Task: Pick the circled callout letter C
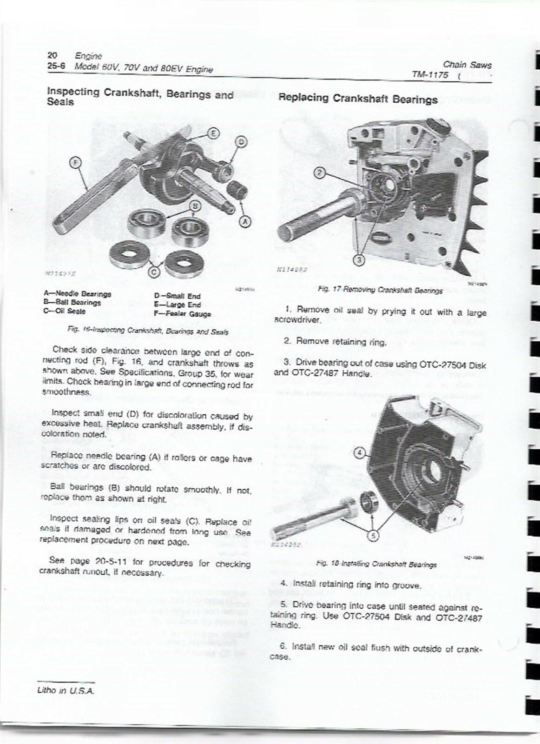point(155,270)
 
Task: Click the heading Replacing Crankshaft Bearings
point(358,99)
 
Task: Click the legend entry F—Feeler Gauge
point(183,314)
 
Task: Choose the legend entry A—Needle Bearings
point(78,294)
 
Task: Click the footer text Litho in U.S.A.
point(66,691)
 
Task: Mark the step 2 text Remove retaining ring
point(335,342)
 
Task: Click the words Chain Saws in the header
point(467,65)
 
